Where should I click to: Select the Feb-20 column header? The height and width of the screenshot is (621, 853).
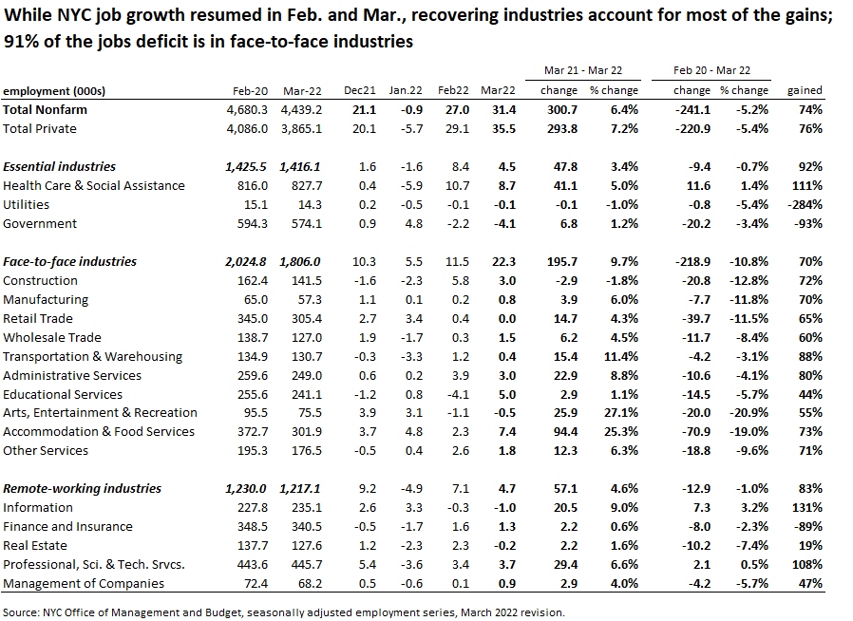point(251,90)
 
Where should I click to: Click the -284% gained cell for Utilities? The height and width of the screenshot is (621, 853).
point(805,204)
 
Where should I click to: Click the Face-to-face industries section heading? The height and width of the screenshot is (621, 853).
point(69,261)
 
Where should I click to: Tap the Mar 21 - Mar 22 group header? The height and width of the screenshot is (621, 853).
point(582,70)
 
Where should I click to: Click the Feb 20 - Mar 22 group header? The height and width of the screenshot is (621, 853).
point(711,70)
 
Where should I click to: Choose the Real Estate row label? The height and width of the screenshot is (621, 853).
point(35,545)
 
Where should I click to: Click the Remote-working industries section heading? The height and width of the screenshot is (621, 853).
point(82,488)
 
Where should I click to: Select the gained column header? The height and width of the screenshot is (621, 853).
point(805,90)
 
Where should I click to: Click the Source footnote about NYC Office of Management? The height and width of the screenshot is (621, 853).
point(284,612)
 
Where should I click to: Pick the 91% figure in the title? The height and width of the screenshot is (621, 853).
point(23,42)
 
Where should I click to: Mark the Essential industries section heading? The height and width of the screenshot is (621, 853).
point(59,166)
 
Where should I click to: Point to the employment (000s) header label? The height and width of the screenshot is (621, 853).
point(53,90)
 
